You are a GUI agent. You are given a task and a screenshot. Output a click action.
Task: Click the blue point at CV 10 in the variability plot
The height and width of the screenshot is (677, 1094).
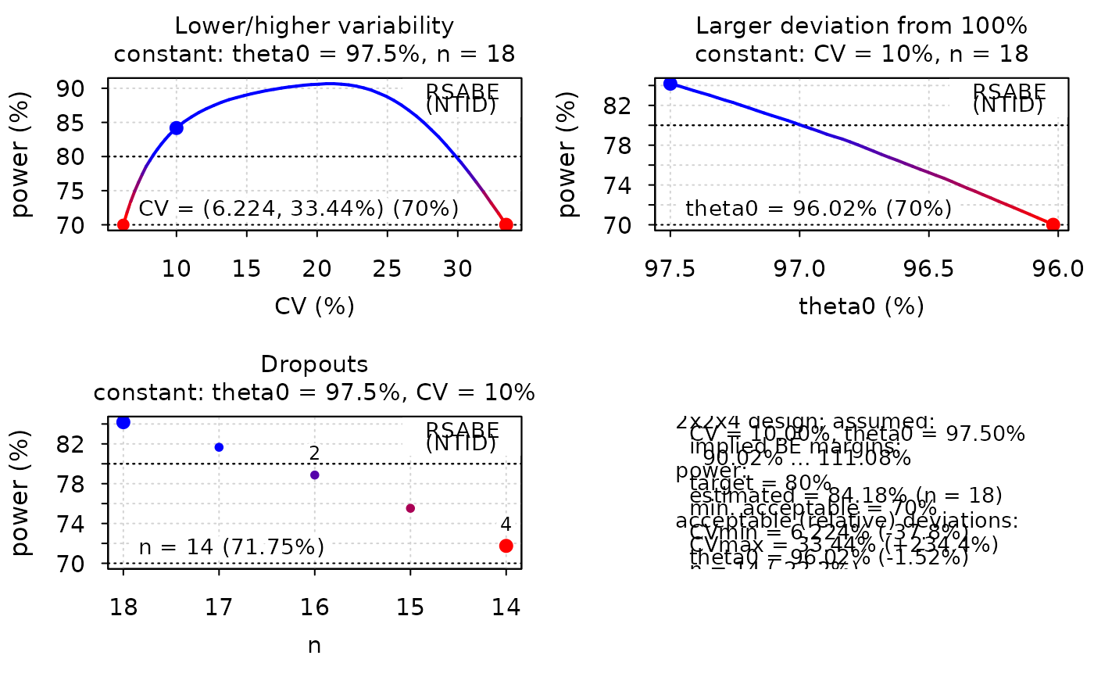click(177, 127)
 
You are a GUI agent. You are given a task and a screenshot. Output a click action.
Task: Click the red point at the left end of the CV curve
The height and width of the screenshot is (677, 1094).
click(123, 224)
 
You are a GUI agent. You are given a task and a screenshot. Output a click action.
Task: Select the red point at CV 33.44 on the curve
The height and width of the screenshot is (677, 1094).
click(506, 224)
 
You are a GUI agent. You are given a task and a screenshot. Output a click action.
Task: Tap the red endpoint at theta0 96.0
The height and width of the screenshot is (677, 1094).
click(1053, 224)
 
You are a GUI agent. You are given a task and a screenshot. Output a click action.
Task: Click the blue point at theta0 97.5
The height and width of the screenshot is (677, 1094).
click(670, 84)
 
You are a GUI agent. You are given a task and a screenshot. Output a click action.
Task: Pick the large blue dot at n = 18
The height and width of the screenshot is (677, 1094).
click(123, 422)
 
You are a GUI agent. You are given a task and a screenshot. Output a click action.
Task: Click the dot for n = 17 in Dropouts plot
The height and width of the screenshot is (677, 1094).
click(220, 447)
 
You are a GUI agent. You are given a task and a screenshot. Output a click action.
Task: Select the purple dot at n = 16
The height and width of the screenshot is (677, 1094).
click(315, 475)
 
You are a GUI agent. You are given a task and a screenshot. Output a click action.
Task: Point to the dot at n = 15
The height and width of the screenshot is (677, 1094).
click(410, 508)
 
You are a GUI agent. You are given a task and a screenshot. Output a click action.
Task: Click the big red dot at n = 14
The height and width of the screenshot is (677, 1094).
click(506, 546)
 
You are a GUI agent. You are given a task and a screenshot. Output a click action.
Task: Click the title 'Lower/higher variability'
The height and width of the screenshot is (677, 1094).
click(314, 26)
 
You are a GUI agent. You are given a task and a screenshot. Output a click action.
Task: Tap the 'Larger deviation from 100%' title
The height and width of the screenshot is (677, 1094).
click(861, 26)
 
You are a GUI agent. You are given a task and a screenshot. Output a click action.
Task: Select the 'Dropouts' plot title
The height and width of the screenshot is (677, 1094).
click(314, 364)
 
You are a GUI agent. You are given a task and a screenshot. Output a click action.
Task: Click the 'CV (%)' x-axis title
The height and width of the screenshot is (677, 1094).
click(314, 306)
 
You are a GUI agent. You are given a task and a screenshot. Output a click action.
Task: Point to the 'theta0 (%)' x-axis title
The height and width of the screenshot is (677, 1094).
click(861, 306)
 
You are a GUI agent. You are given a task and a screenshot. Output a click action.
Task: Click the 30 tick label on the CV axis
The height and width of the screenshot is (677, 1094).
click(457, 269)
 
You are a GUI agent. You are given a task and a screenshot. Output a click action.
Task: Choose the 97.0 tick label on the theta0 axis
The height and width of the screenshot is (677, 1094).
click(799, 269)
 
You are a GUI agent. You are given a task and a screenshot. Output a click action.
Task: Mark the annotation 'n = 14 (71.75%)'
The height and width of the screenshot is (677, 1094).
click(231, 546)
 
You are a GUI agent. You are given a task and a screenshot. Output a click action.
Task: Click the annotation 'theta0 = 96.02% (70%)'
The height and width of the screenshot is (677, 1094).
click(818, 209)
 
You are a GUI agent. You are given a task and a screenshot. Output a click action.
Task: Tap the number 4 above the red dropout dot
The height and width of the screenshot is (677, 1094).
click(506, 525)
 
